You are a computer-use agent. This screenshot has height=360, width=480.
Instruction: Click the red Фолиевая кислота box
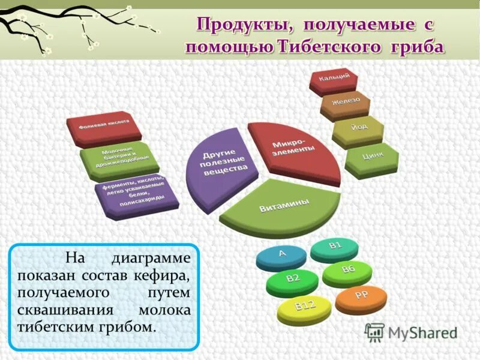tap(106, 127)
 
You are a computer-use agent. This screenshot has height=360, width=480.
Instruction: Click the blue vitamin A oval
tap(280, 255)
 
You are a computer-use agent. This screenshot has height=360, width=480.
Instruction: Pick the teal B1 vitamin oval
tap(334, 247)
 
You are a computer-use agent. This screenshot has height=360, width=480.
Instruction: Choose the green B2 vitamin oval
tap(292, 280)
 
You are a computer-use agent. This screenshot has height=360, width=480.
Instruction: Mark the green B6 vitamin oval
tap(348, 271)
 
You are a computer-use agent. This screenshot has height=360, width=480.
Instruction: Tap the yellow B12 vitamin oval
tap(305, 308)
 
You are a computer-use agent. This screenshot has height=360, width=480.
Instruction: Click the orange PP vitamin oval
tap(361, 297)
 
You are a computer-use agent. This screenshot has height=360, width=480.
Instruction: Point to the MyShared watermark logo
tap(412, 332)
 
